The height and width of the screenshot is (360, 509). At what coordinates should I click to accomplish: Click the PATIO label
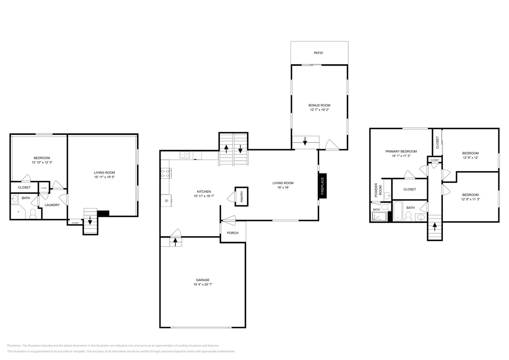(318, 53)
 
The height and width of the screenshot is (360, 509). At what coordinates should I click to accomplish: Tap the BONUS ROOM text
(319, 105)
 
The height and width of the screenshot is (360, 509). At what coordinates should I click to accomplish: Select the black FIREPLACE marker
(323, 186)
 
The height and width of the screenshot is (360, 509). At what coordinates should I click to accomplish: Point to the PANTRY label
(241, 197)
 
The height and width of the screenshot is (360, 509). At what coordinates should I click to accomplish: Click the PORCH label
(233, 233)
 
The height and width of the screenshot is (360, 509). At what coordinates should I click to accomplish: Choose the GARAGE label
(203, 280)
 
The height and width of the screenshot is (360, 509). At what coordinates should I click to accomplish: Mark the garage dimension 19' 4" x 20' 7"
(203, 285)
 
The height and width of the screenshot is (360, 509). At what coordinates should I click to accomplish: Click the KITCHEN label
(204, 192)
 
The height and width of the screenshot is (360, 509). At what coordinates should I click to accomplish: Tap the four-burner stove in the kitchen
(166, 173)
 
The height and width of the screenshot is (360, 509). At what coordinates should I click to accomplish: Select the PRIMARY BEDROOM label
(401, 151)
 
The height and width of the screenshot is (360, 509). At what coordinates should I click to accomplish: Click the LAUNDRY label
(52, 205)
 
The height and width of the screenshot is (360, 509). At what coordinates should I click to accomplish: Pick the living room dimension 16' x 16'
(283, 188)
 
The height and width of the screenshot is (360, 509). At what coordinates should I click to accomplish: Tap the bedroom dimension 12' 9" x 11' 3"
(470, 199)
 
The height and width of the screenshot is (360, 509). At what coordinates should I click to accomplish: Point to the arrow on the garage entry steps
(175, 242)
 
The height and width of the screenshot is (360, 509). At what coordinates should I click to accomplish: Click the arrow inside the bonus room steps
(305, 142)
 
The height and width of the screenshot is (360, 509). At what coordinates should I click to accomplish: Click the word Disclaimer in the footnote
(14, 345)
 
